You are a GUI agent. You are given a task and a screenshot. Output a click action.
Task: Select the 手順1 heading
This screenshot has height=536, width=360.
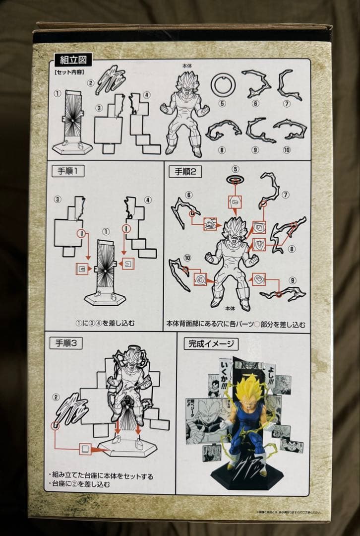click(x=68, y=172)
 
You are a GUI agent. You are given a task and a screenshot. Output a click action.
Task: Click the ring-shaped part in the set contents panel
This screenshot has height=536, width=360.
click(x=222, y=85)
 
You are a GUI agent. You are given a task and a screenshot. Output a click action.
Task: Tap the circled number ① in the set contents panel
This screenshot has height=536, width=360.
click(x=58, y=93)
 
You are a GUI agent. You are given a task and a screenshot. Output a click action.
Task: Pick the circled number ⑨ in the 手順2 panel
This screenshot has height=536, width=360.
click(x=293, y=280)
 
